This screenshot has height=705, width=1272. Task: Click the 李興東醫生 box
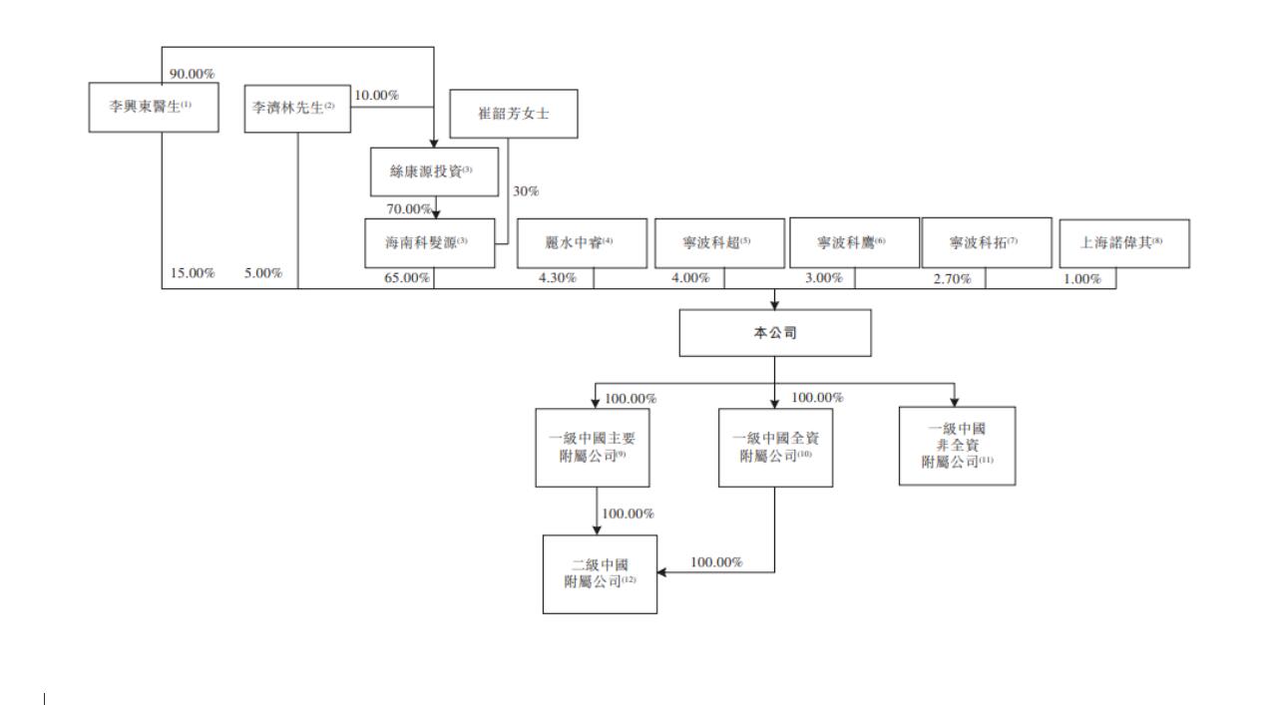(153, 108)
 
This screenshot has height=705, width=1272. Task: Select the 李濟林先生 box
(298, 109)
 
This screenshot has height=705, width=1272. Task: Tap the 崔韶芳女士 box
(514, 114)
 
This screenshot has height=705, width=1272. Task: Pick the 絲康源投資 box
(434, 173)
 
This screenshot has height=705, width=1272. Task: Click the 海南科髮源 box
(430, 242)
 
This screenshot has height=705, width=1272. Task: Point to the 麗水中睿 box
(580, 242)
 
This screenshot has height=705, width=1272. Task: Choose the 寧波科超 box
(717, 242)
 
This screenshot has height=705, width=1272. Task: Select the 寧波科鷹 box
(854, 242)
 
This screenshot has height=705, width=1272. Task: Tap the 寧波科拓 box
(986, 242)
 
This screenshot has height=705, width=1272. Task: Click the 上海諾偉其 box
(1124, 242)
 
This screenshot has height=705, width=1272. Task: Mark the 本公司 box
(775, 333)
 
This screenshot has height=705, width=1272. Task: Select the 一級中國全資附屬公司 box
(775, 447)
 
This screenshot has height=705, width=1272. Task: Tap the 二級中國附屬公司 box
(600, 573)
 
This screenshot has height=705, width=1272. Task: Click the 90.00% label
(193, 75)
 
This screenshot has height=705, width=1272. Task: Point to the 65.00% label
(407, 278)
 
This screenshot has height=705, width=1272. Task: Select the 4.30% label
(557, 278)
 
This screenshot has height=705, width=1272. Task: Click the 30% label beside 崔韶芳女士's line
(526, 191)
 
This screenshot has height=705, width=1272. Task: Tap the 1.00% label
(1081, 279)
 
